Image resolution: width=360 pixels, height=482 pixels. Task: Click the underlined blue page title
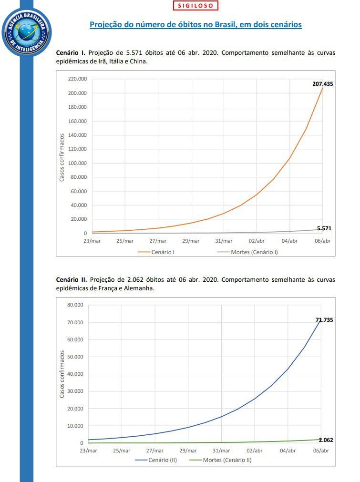[x=195, y=24]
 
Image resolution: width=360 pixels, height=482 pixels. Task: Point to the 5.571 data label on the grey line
[x=324, y=228]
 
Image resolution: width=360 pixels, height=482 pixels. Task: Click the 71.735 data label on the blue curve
[x=324, y=320]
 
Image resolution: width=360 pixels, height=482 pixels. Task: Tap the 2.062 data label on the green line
[x=325, y=440]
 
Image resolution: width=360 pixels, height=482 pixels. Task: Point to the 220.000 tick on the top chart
[x=77, y=79]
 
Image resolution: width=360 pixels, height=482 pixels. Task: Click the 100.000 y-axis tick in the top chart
[x=77, y=163]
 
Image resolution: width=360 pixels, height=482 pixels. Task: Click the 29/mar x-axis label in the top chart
[x=191, y=241]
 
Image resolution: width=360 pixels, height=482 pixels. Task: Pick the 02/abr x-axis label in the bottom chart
[x=254, y=451]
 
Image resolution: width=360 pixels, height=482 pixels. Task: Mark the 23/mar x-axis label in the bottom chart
[x=88, y=451]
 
